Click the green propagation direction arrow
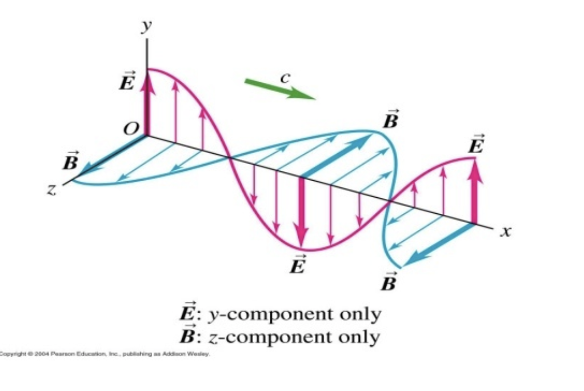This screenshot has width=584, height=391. (x=279, y=89)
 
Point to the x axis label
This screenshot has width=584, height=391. (x=505, y=231)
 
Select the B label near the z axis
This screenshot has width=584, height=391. (x=70, y=162)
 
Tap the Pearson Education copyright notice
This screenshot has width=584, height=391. (x=105, y=354)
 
